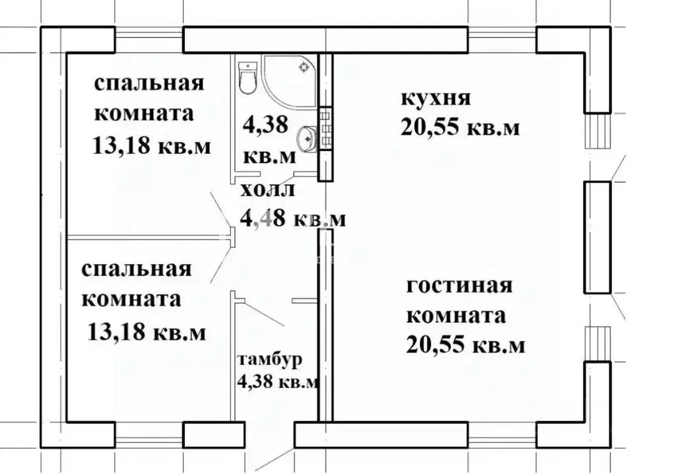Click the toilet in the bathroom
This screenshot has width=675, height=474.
pyautogui.click(x=247, y=77)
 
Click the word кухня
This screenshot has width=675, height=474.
pyautogui.click(x=435, y=99)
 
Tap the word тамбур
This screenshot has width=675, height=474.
pyautogui.click(x=271, y=360)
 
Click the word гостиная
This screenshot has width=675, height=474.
pyautogui.click(x=459, y=287)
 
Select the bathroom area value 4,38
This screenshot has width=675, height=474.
pyautogui.click(x=266, y=125)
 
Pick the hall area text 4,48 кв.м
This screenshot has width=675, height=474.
pyautogui.click(x=292, y=218)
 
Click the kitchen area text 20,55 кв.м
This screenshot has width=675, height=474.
pyautogui.click(x=459, y=127)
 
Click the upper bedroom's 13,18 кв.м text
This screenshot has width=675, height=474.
pyautogui.click(x=152, y=145)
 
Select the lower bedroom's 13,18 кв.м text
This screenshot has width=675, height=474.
pyautogui.click(x=146, y=330)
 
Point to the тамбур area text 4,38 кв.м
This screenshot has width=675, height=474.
pyautogui.click(x=277, y=382)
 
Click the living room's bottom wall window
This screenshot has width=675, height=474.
pyautogui.click(x=501, y=436)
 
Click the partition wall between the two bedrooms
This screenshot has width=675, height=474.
pyautogui.click(x=142, y=236)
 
